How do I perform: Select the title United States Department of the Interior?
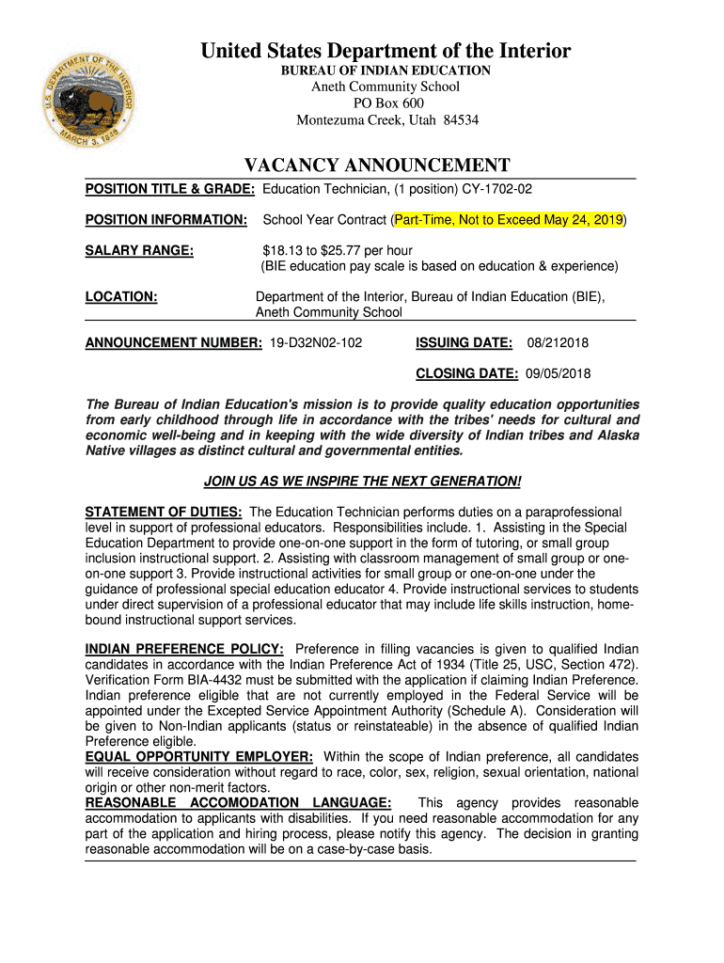coord(386,51)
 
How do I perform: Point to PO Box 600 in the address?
coord(387,103)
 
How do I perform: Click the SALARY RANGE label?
coord(139,250)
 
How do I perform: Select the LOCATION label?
coord(120,297)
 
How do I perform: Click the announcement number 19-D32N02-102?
coord(316,342)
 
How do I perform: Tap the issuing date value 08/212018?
coord(559,342)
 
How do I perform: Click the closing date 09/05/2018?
coord(559,373)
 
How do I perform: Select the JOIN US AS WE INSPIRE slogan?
coord(362,481)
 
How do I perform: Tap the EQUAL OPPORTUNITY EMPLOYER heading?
coord(198,757)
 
